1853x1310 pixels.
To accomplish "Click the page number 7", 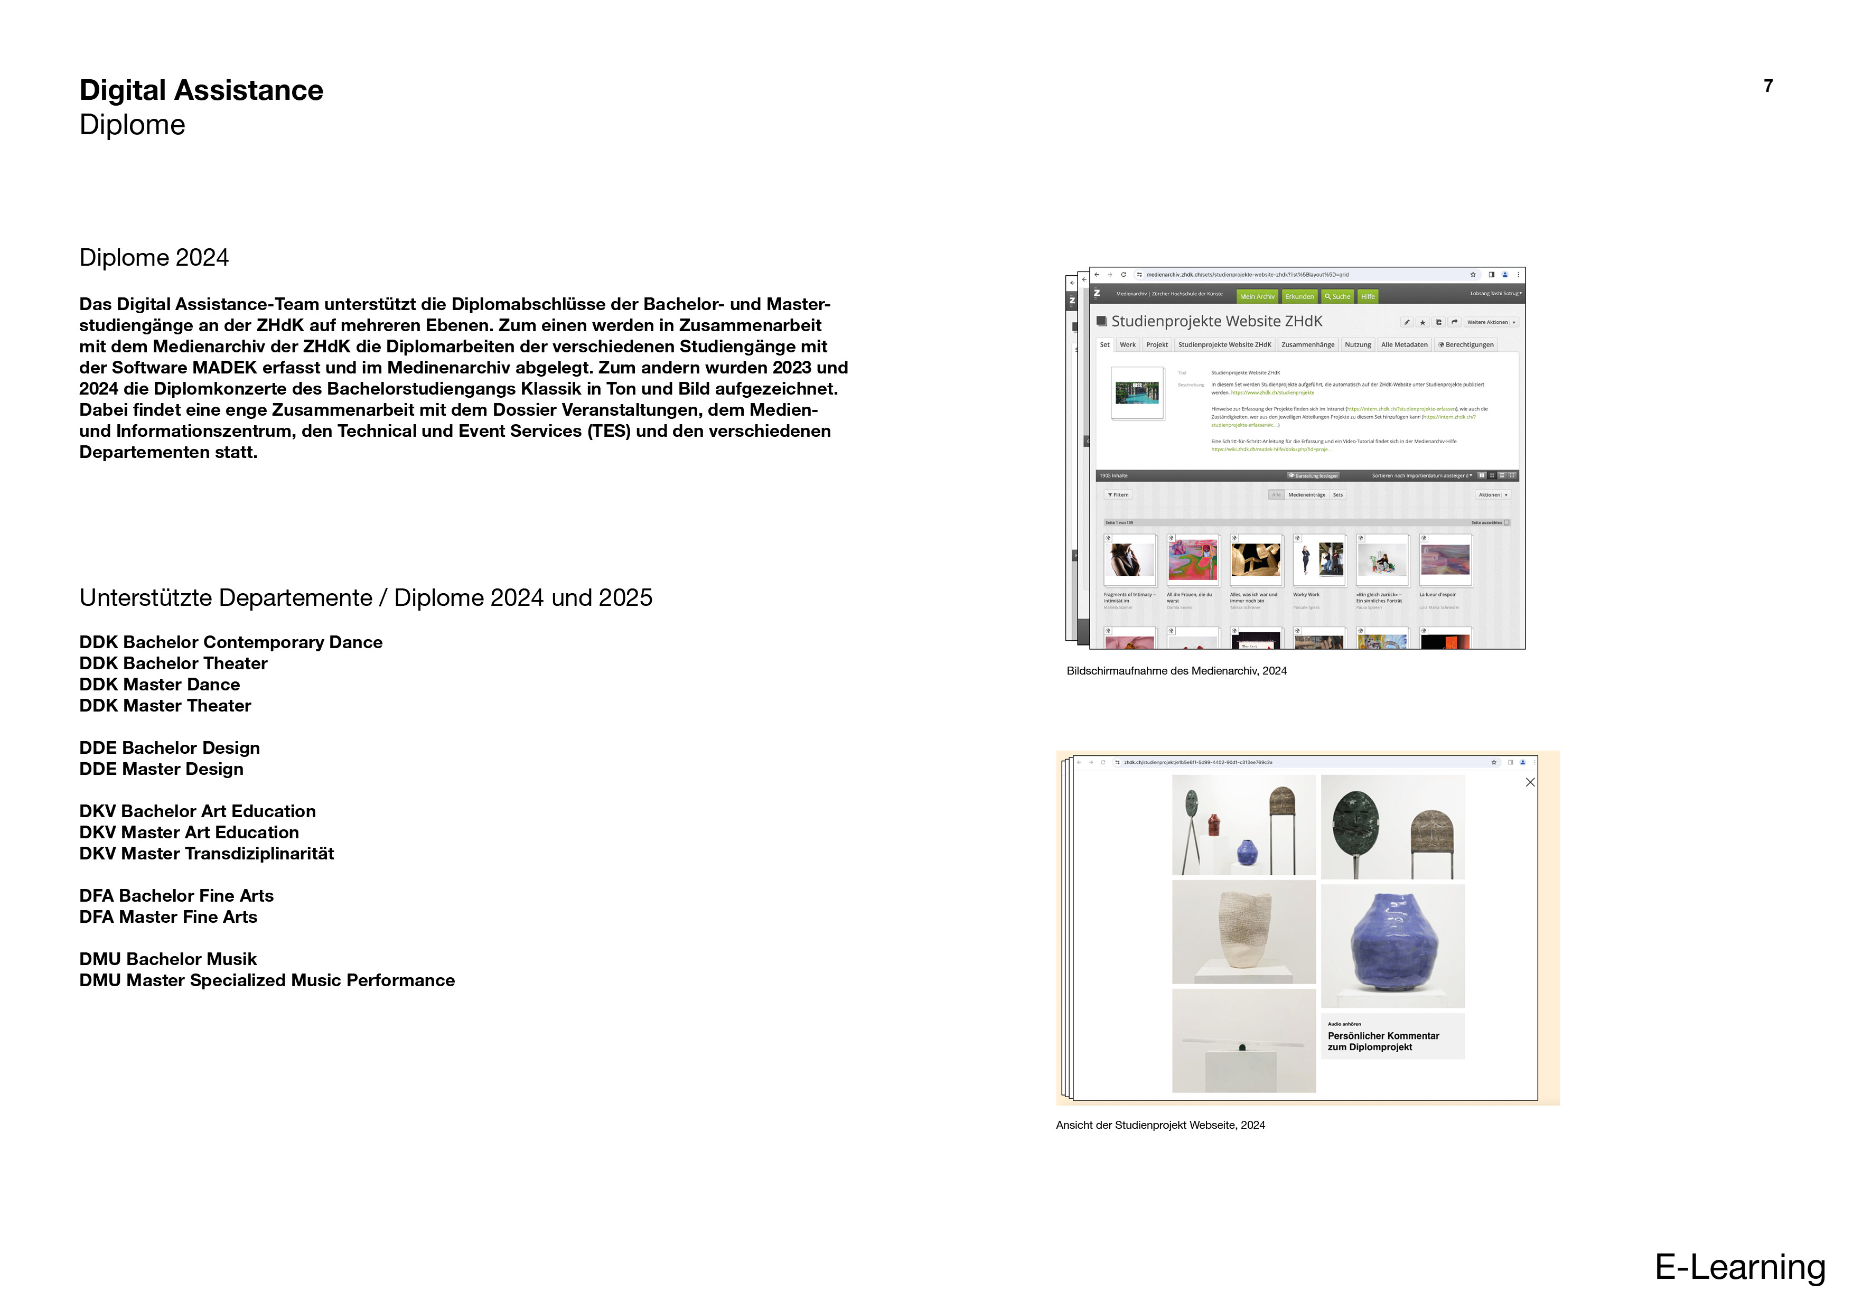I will click(x=1767, y=86).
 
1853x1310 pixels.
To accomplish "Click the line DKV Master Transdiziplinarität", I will click(x=207, y=854).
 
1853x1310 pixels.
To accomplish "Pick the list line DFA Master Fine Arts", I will click(x=168, y=917).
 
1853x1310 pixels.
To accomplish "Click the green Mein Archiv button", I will click(x=1257, y=297).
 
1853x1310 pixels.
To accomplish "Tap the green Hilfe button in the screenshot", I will click(x=1367, y=297).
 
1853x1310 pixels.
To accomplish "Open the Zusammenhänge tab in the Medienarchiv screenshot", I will click(x=1307, y=344).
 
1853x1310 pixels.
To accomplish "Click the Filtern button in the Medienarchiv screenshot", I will click(x=1119, y=495).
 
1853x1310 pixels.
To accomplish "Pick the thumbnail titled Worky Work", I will click(x=1319, y=559).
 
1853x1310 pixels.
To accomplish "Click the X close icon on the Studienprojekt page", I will click(x=1529, y=782).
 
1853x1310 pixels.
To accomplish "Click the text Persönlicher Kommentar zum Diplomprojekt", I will click(x=1383, y=1041).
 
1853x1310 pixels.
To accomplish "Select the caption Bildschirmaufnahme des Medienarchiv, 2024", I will click(x=1176, y=671).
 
